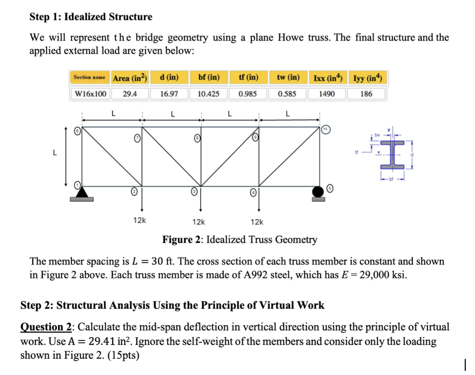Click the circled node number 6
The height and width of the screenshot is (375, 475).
(79, 131)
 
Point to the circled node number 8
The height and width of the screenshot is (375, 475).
(196, 138)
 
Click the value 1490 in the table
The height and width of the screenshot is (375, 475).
(326, 94)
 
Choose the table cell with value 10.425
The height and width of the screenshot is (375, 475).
(209, 94)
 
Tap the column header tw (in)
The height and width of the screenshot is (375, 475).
(289, 77)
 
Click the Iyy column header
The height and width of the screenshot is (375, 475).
(367, 77)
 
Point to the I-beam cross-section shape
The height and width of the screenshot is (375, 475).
(393, 155)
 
